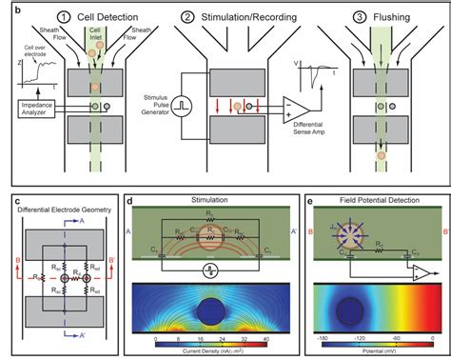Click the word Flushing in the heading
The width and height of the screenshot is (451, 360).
(391, 15)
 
